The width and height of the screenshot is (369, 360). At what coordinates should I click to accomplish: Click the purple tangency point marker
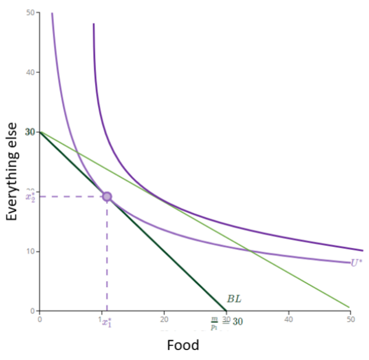point(107,196)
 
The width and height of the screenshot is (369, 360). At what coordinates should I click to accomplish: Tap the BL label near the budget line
point(234,299)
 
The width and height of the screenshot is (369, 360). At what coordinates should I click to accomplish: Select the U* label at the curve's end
point(356,263)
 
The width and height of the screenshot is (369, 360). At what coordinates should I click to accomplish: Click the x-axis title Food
point(183,345)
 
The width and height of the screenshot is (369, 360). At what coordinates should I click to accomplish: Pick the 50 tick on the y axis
point(29,12)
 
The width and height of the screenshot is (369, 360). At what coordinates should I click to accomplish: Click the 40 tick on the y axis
point(29,72)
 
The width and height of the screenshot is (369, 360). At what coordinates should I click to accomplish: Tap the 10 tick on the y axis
point(29,251)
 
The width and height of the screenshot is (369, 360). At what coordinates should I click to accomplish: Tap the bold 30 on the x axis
point(237,321)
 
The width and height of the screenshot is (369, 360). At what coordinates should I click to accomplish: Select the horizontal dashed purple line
point(70,196)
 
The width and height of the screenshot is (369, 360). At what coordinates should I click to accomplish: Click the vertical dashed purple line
point(107,256)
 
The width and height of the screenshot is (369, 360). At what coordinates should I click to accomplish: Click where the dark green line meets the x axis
point(226,310)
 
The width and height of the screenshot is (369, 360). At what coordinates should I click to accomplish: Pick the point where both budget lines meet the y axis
point(40,132)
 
